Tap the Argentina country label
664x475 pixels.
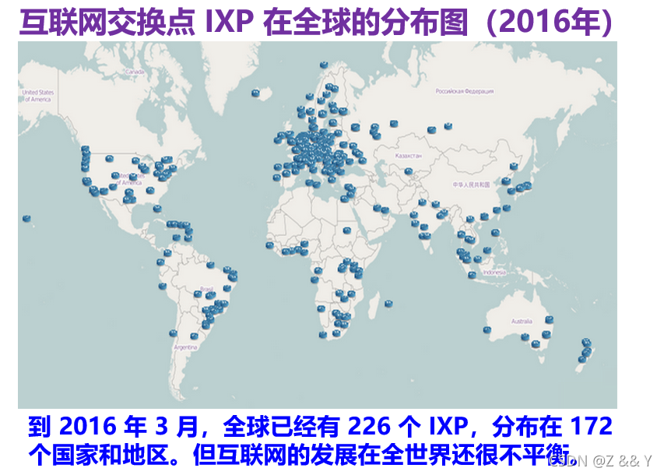pos(186,347)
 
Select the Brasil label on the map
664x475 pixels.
pos(207,290)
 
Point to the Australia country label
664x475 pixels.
pos(522,321)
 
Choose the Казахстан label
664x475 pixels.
pos(409,156)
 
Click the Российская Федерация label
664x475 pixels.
pos(464,91)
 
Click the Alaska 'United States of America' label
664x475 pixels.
pos(37,96)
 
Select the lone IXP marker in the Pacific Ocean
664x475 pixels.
pos(27,219)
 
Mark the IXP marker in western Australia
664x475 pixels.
pos(487,329)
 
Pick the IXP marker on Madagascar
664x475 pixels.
pos(388,304)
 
